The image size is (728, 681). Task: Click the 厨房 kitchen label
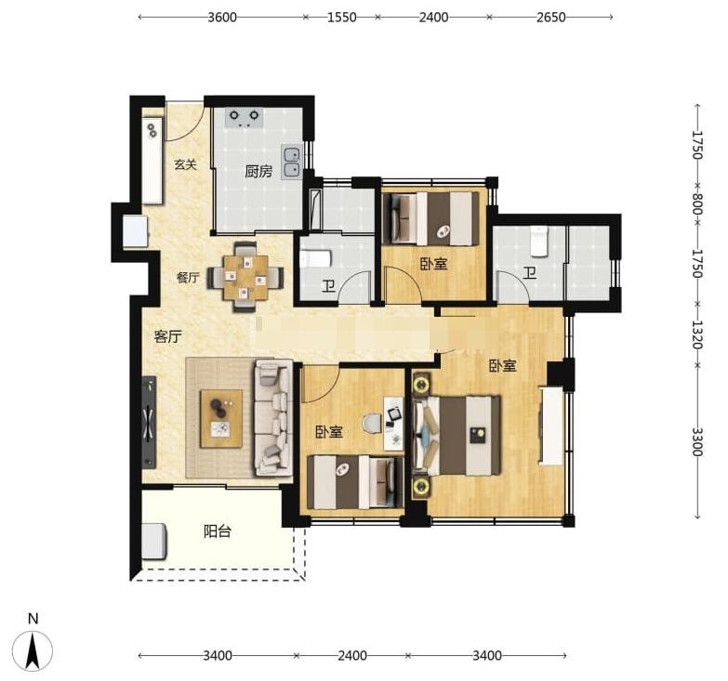(258, 172)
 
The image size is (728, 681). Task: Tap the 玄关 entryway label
(186, 164)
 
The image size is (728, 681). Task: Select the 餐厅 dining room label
(188, 278)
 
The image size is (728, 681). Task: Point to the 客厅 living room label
(167, 336)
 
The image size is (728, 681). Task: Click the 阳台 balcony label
(218, 531)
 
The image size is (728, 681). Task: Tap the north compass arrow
(33, 650)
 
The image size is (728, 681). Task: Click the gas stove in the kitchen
(244, 118)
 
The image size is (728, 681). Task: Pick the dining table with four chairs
(245, 277)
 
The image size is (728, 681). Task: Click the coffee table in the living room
(221, 418)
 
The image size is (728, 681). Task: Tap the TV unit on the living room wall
(149, 422)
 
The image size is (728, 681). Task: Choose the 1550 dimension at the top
(342, 17)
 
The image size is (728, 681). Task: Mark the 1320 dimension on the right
(697, 334)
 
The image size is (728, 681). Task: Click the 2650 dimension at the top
(551, 17)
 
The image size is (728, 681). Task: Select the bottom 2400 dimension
(352, 656)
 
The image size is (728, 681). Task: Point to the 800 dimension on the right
(697, 203)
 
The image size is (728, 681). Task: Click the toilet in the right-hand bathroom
(538, 242)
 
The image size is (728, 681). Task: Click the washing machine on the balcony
(154, 541)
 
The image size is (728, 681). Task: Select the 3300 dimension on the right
(697, 441)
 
